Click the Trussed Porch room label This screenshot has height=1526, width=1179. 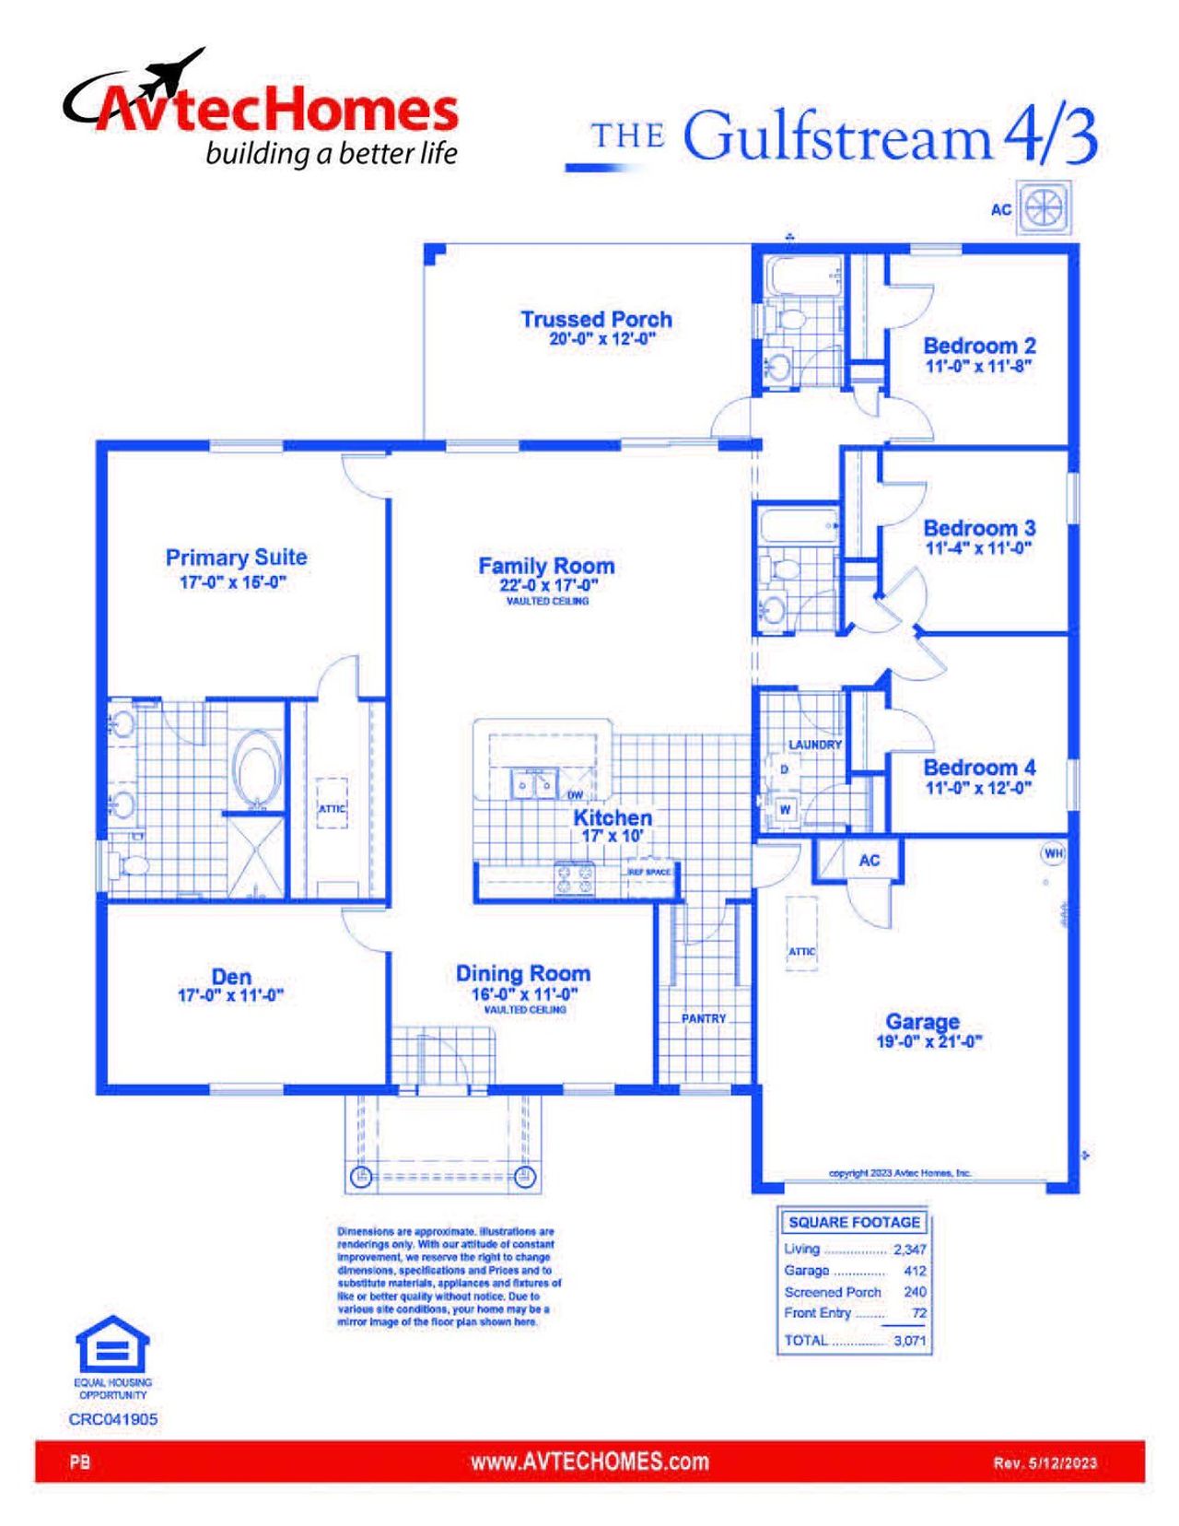pyautogui.click(x=596, y=319)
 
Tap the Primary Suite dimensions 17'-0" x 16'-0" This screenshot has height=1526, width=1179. pyautogui.click(x=233, y=582)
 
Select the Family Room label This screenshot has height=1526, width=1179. pyautogui.click(x=545, y=566)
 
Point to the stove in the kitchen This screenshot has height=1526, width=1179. pyautogui.click(x=575, y=877)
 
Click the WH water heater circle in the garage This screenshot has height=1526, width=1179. pyautogui.click(x=1053, y=853)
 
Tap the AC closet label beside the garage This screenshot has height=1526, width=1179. pyautogui.click(x=869, y=861)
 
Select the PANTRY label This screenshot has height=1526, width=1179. pyautogui.click(x=704, y=1018)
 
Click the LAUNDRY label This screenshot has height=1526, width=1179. pyautogui.click(x=814, y=744)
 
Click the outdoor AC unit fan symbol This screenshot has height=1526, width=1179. pyautogui.click(x=1045, y=207)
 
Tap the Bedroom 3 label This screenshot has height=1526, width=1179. pyautogui.click(x=979, y=528)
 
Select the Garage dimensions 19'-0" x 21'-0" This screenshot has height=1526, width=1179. pyautogui.click(x=928, y=1042)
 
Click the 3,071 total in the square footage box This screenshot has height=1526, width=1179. pyautogui.click(x=909, y=1340)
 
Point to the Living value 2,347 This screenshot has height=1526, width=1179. pyautogui.click(x=909, y=1250)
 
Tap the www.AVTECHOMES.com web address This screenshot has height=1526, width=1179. pyautogui.click(x=589, y=1461)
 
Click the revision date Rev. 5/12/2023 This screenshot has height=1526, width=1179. pyautogui.click(x=1045, y=1462)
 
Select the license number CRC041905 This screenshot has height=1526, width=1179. pyautogui.click(x=112, y=1419)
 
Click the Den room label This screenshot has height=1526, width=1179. pyautogui.click(x=230, y=977)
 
